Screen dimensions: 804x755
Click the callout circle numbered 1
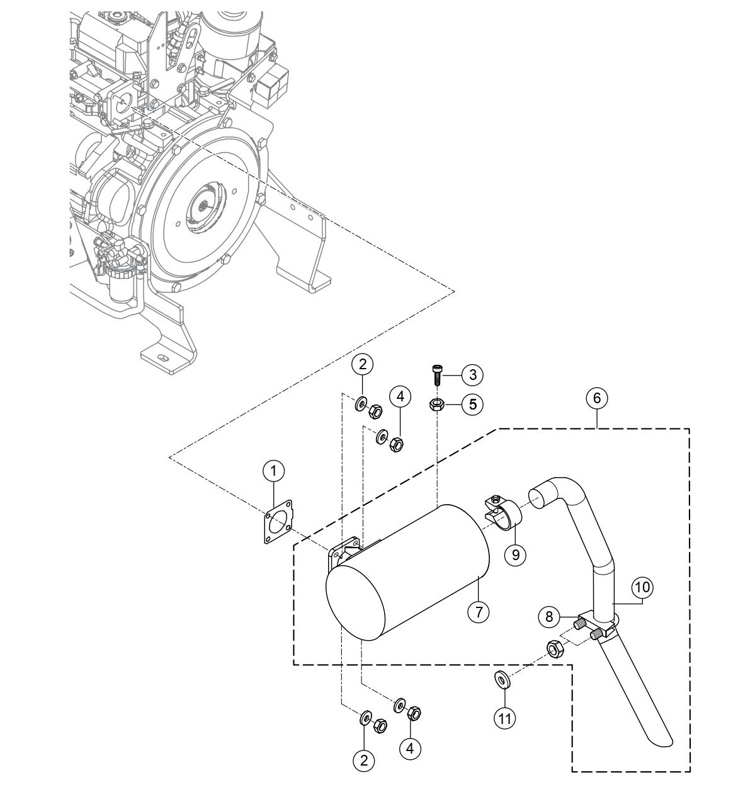click(x=274, y=470)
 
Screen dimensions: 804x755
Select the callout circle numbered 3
click(x=472, y=374)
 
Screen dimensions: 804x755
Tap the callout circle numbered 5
click(x=472, y=404)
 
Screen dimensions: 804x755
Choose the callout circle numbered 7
click(x=479, y=611)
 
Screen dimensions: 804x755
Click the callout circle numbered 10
click(x=642, y=587)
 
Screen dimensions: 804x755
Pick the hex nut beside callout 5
click(x=436, y=404)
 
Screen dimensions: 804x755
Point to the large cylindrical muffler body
click(x=409, y=570)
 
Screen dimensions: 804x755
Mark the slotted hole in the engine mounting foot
click(x=165, y=357)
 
